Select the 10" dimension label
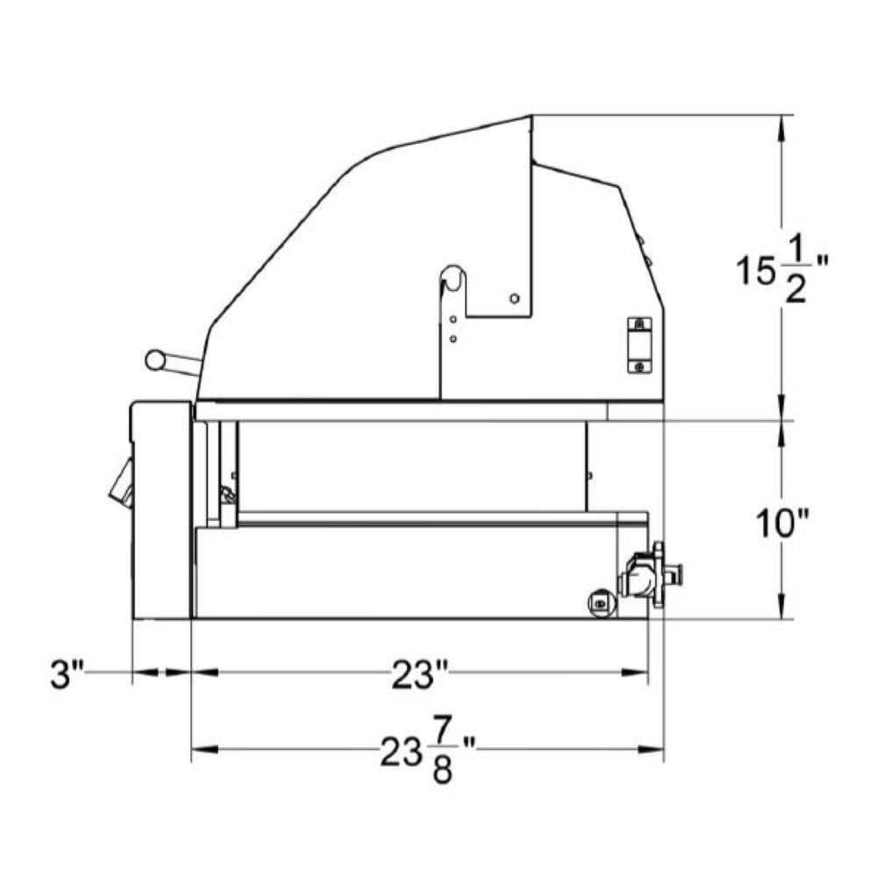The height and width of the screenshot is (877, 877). pyautogui.click(x=782, y=524)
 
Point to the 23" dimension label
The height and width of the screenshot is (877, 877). pyautogui.click(x=419, y=674)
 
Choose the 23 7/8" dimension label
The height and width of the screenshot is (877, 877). pyautogui.click(x=428, y=752)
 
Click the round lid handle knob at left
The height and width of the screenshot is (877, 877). pyautogui.click(x=155, y=360)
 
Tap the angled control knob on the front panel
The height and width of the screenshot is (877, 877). pyautogui.click(x=121, y=482)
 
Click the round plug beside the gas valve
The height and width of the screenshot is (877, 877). pyautogui.click(x=602, y=603)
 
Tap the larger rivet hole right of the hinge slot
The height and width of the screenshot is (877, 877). pyautogui.click(x=515, y=299)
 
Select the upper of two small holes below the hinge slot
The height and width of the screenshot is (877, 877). pyautogui.click(x=453, y=319)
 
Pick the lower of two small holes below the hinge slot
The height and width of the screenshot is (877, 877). pyautogui.click(x=453, y=339)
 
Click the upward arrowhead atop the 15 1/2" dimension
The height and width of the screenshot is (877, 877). pyautogui.click(x=781, y=128)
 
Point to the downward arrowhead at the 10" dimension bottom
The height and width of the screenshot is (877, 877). pyautogui.click(x=781, y=606)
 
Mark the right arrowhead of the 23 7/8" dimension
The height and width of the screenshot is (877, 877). pyautogui.click(x=651, y=750)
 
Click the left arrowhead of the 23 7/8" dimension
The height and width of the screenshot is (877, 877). pyautogui.click(x=204, y=750)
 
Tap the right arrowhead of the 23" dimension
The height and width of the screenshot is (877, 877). pyautogui.click(x=635, y=673)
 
